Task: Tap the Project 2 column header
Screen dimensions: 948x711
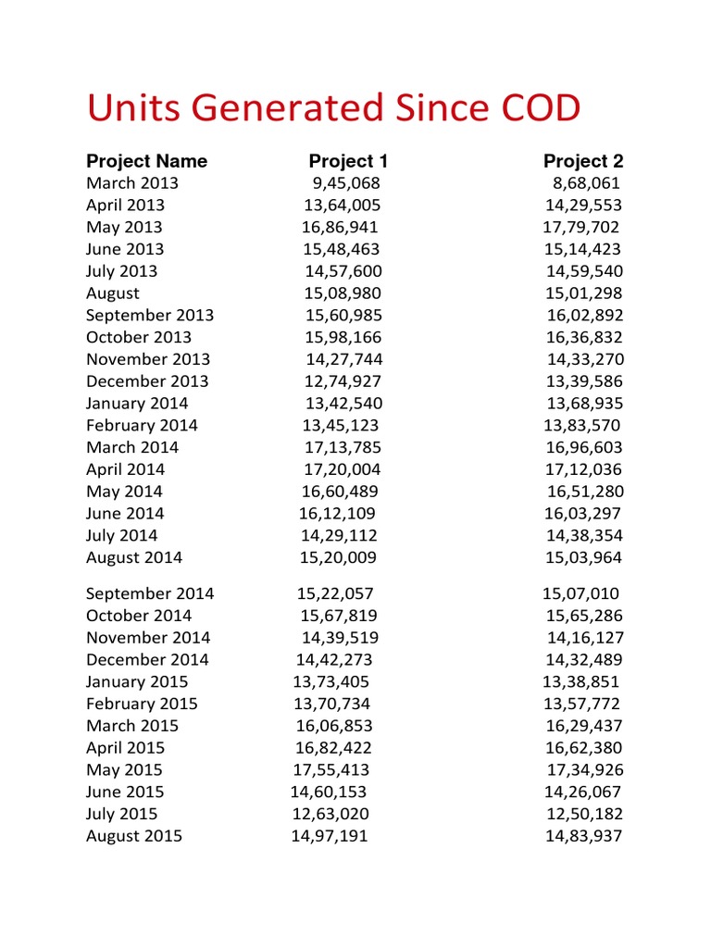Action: pyautogui.click(x=583, y=161)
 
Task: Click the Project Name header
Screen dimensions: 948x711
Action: pyautogui.click(x=146, y=161)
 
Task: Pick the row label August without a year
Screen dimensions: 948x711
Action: pyautogui.click(x=113, y=293)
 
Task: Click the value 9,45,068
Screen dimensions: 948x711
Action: pyautogui.click(x=345, y=183)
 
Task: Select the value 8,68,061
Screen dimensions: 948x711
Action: pyautogui.click(x=586, y=183)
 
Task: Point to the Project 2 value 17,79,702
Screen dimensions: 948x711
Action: pyautogui.click(x=580, y=227)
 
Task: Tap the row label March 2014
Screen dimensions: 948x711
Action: pyautogui.click(x=132, y=447)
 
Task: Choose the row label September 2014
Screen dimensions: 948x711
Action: pyautogui.click(x=150, y=593)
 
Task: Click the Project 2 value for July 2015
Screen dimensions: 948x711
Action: pyautogui.click(x=584, y=814)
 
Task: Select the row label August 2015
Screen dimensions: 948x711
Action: pyautogui.click(x=134, y=836)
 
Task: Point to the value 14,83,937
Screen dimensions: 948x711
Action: pyautogui.click(x=584, y=836)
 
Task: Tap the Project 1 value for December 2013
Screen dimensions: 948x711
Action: pyautogui.click(x=342, y=381)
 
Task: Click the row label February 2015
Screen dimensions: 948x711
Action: pyautogui.click(x=142, y=704)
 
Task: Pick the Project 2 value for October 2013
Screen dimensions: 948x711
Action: pyautogui.click(x=584, y=337)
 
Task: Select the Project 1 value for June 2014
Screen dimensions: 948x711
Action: pyautogui.click(x=337, y=514)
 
